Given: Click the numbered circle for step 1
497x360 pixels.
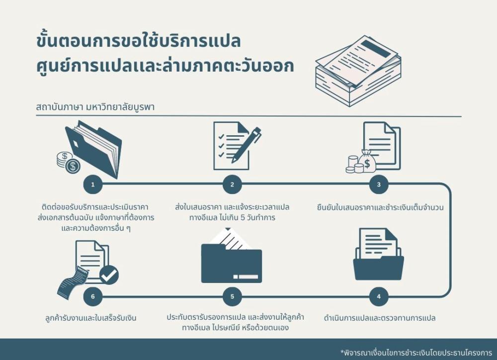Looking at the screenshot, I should [92, 185].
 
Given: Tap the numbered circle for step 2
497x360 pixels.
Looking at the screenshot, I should [232, 185].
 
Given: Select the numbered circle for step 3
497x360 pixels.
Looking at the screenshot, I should [379, 185].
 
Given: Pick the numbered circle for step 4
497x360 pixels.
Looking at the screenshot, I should [379, 297].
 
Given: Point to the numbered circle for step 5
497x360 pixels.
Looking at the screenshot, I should [232, 297].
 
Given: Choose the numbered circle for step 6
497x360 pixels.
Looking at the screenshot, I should [92, 297].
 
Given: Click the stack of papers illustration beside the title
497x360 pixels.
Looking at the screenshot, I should [358, 70].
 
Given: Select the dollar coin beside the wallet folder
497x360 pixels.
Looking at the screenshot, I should [73, 166].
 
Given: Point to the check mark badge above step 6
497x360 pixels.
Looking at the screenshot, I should [109, 275].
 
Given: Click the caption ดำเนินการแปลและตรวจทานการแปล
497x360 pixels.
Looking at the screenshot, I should [380, 317].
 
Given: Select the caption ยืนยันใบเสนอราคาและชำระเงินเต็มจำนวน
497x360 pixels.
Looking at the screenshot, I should [380, 207].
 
